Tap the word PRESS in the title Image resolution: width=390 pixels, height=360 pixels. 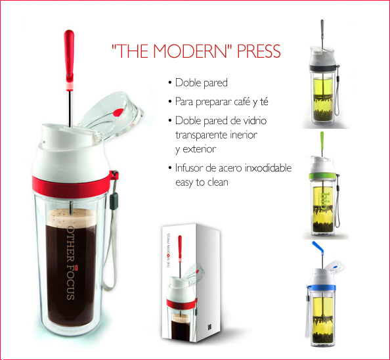click(259, 51)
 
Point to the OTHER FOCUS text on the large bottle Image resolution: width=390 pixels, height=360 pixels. click(71, 263)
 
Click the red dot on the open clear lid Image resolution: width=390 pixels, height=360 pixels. click(118, 113)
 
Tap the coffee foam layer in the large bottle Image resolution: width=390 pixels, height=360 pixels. click(71, 217)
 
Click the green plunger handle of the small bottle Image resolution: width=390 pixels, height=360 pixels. click(322, 141)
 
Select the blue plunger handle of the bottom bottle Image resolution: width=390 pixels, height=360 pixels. click(318, 248)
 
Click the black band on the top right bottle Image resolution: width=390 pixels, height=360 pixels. click(324, 68)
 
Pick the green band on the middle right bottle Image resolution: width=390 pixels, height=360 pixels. click(323, 177)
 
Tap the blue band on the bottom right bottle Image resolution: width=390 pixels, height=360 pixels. click(321, 287)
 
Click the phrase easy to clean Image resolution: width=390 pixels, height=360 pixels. click(202, 183)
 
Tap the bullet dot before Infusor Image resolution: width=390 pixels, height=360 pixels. click(170, 168)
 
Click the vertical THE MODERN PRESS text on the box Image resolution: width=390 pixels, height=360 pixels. click(168, 250)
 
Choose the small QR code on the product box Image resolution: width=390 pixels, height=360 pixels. click(209, 328)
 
